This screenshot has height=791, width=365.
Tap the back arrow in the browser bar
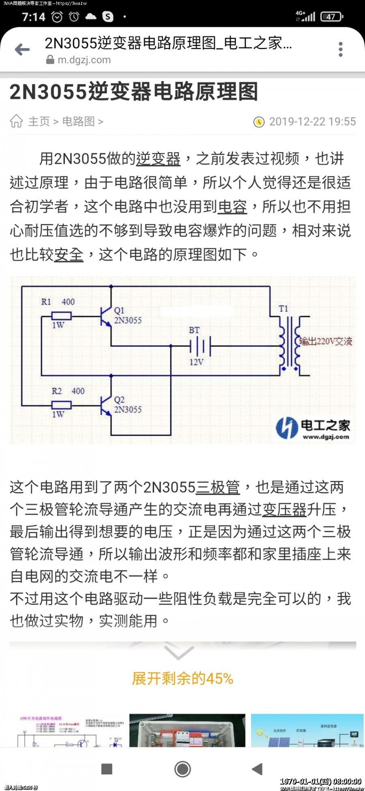(x=22, y=49)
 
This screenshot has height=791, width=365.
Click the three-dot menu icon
(x=341, y=49)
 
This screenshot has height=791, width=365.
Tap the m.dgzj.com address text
(x=84, y=60)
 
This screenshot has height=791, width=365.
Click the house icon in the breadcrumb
(x=16, y=121)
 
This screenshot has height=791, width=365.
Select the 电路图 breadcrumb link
(x=78, y=121)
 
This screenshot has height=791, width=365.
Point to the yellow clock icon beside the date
(x=259, y=122)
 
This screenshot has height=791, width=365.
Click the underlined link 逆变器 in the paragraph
(x=158, y=159)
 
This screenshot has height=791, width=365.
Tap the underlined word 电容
(x=232, y=206)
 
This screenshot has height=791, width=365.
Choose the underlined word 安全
(x=69, y=254)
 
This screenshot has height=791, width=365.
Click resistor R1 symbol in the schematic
(x=61, y=316)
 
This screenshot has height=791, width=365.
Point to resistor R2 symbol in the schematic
(x=61, y=405)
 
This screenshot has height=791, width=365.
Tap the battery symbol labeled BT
(x=200, y=346)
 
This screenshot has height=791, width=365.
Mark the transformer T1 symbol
(x=289, y=343)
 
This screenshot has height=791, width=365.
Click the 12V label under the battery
(x=196, y=361)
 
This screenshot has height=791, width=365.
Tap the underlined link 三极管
(x=218, y=487)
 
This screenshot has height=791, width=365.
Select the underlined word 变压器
(x=284, y=509)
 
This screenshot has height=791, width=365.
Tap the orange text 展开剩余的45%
(x=182, y=678)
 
